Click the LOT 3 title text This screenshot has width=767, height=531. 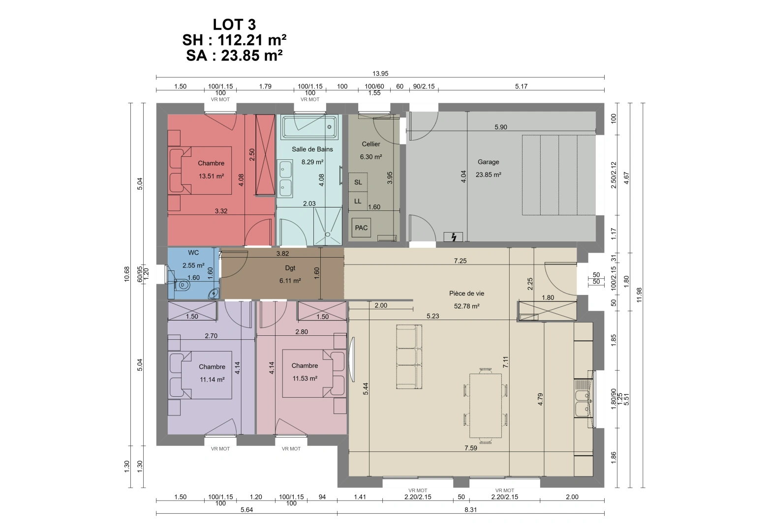click(234, 25)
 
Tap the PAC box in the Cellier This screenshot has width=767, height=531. click(361, 228)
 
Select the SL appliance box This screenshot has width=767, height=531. click(358, 182)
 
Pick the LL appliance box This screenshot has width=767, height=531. click(358, 201)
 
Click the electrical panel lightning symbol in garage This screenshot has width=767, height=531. click(453, 237)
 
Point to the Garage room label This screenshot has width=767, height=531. click(488, 162)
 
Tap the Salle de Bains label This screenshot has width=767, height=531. click(312, 149)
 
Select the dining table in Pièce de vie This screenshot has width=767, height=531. click(485, 406)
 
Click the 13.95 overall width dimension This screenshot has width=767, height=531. click(380, 74)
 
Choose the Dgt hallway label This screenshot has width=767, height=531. click(290, 268)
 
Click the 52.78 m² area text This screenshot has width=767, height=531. click(466, 306)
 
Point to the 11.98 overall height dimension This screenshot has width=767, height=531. click(639, 295)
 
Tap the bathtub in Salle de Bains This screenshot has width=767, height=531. click(309, 126)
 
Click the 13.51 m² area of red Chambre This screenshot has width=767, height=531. click(211, 176)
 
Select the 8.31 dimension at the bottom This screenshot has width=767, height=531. click(470, 510)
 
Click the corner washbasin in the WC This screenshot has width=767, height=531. click(214, 294)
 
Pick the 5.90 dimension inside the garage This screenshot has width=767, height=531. click(500, 127)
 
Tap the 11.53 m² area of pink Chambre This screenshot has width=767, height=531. click(305, 379)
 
